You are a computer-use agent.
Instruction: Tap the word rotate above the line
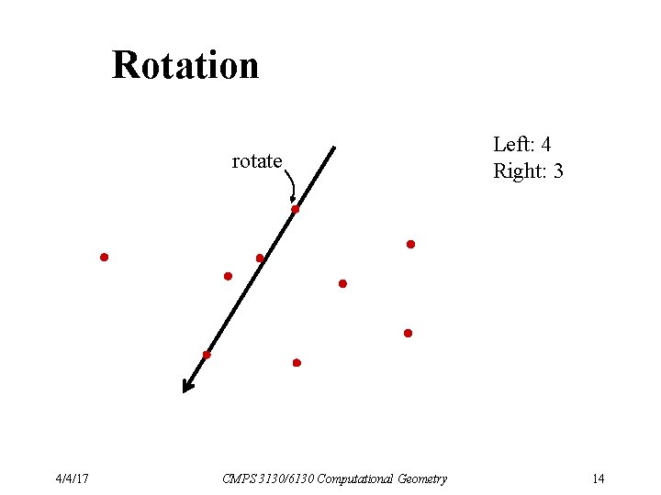pos(256,162)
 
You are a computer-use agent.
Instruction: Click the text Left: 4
pos(521,145)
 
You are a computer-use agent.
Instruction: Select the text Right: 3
pos(528,171)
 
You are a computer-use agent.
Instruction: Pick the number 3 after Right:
pos(558,171)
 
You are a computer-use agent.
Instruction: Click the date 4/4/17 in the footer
pos(71,478)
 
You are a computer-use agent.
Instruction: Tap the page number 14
pos(598,478)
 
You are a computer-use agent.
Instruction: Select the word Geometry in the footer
pos(422,478)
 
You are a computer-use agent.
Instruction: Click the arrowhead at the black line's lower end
pos(187,386)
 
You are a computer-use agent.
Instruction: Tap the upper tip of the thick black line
pos(334,148)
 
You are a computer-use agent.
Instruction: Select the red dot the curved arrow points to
pos(296,210)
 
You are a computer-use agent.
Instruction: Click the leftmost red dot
pos(105,258)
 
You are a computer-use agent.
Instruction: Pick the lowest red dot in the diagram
pos(297,363)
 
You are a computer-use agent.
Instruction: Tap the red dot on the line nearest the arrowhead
pos(207,355)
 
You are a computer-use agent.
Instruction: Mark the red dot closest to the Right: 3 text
pos(410,245)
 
